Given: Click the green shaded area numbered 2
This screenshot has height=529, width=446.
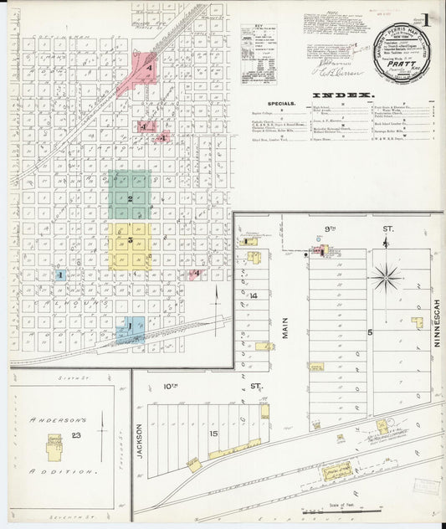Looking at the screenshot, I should (x=130, y=197).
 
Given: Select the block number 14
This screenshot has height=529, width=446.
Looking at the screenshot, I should (x=253, y=295).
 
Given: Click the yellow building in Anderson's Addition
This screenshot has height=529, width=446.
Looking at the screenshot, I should (x=55, y=444).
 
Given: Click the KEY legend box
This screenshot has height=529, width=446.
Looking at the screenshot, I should (x=259, y=54).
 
